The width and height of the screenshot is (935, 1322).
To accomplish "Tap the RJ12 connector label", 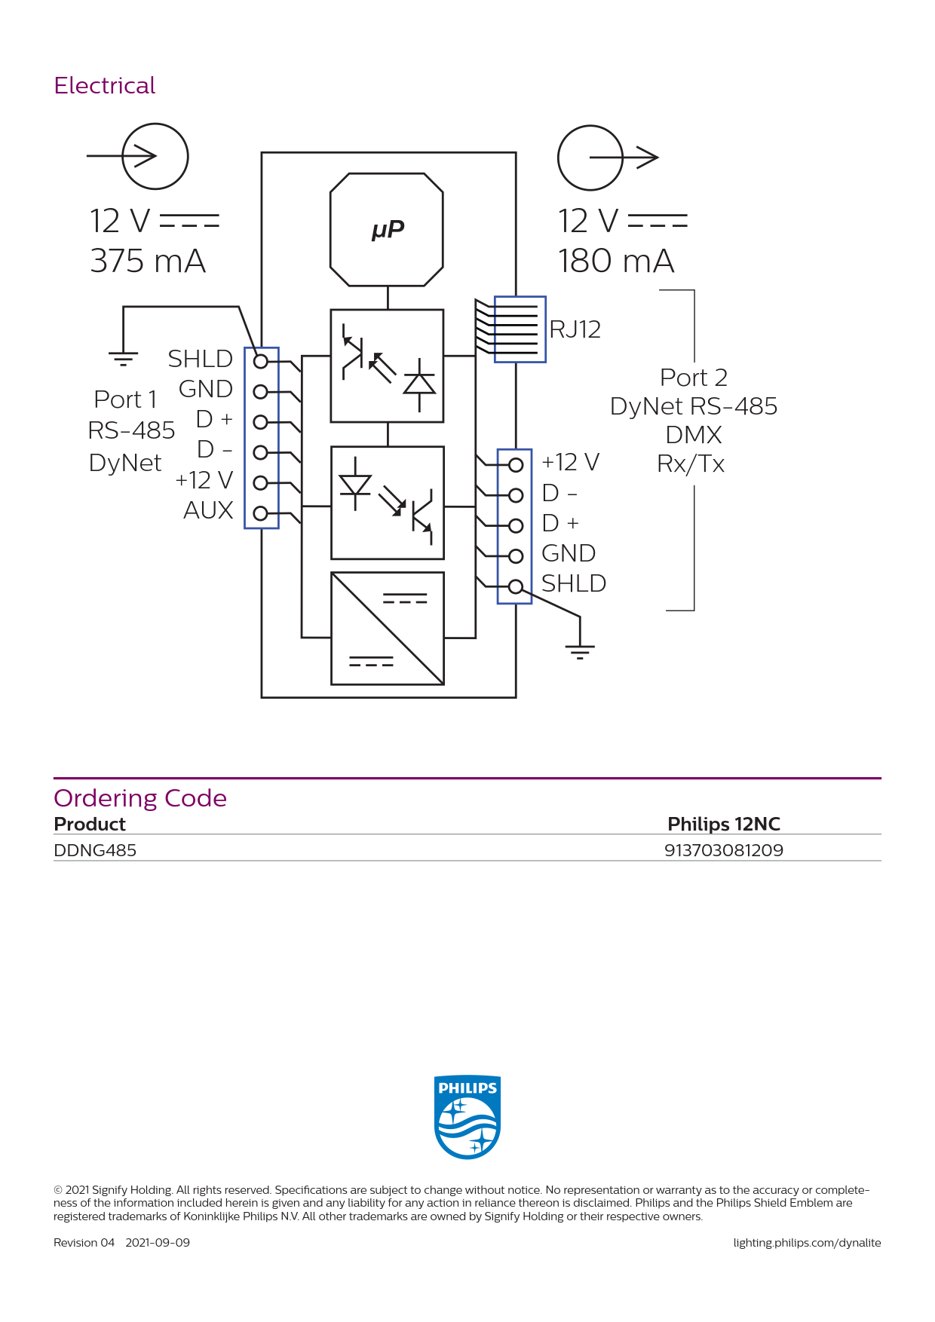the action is [x=575, y=329].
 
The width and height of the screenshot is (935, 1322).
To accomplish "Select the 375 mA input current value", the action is [x=148, y=261].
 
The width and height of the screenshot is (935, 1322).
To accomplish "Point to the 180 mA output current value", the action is [x=616, y=261].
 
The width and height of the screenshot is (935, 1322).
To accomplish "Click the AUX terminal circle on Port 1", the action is [x=261, y=513].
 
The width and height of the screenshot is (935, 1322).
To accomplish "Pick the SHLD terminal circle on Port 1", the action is [x=261, y=362].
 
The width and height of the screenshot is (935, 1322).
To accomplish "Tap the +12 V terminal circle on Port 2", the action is [x=516, y=465].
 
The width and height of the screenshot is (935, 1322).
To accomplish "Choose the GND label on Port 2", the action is [x=569, y=553].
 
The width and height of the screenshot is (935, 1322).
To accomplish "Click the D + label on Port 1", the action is [x=214, y=419].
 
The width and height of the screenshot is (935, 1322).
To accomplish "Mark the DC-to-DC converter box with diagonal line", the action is [x=388, y=629].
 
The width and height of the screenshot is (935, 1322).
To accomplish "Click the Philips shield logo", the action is [x=467, y=1117].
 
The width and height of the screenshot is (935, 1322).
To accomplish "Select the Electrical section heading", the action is [x=105, y=86].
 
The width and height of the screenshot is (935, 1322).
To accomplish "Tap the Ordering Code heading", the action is [x=140, y=798].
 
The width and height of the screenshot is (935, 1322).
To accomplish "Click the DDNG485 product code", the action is [x=95, y=850].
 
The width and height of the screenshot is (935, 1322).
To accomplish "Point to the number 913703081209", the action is [x=724, y=850].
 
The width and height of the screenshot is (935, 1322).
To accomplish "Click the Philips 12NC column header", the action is [x=724, y=824].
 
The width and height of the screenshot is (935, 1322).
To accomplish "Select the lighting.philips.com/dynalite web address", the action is [x=807, y=1243].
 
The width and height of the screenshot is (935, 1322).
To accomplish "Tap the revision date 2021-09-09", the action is [x=158, y=1243].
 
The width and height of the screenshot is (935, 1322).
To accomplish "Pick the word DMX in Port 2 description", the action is [x=694, y=435].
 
